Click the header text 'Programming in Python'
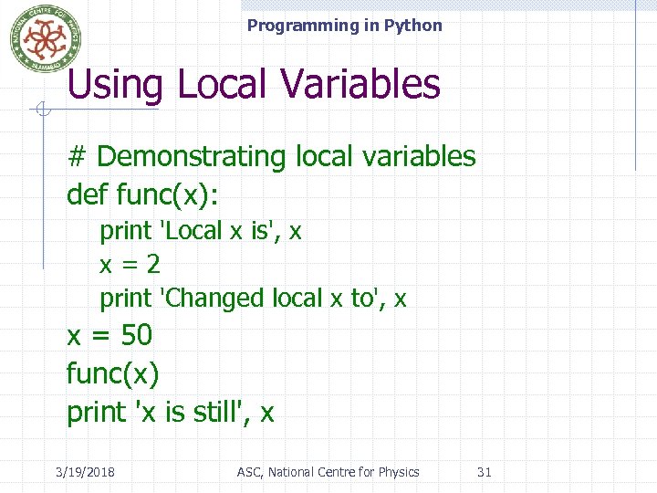[x=344, y=26]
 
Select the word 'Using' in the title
[x=114, y=85]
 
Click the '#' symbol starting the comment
[x=77, y=156]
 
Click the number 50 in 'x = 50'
[x=136, y=335]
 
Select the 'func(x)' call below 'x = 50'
[x=112, y=373]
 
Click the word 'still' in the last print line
[x=217, y=412]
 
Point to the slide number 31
[x=485, y=472]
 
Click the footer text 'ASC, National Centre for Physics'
[x=328, y=472]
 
